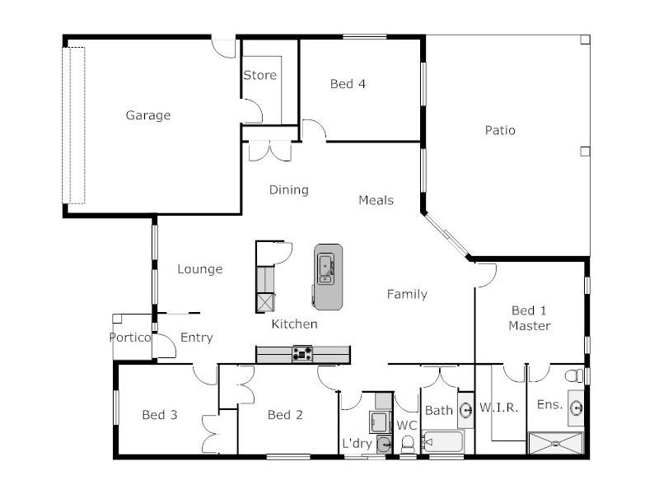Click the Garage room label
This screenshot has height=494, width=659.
(x=148, y=115)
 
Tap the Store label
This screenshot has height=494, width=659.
(x=259, y=76)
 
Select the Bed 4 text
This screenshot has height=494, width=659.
(x=348, y=84)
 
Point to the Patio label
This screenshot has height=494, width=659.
(x=500, y=130)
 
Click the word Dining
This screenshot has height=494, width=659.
(x=289, y=190)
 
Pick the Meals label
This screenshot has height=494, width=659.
(x=376, y=200)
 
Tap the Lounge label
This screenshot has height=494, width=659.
(x=200, y=269)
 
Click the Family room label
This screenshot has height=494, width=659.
(x=407, y=294)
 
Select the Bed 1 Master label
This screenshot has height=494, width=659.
(x=529, y=318)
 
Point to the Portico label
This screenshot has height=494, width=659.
(x=130, y=338)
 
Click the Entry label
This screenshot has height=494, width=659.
(x=197, y=338)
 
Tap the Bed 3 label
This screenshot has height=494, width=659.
(x=160, y=415)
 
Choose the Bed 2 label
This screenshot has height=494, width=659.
(x=285, y=415)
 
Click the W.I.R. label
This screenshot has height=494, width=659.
(x=498, y=408)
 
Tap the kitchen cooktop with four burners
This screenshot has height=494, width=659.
(x=302, y=354)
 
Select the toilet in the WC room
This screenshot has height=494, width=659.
(x=407, y=445)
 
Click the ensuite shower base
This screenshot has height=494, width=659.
(x=555, y=444)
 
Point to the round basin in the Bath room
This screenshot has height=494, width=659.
(x=465, y=408)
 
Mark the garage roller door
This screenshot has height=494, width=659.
(x=74, y=125)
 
